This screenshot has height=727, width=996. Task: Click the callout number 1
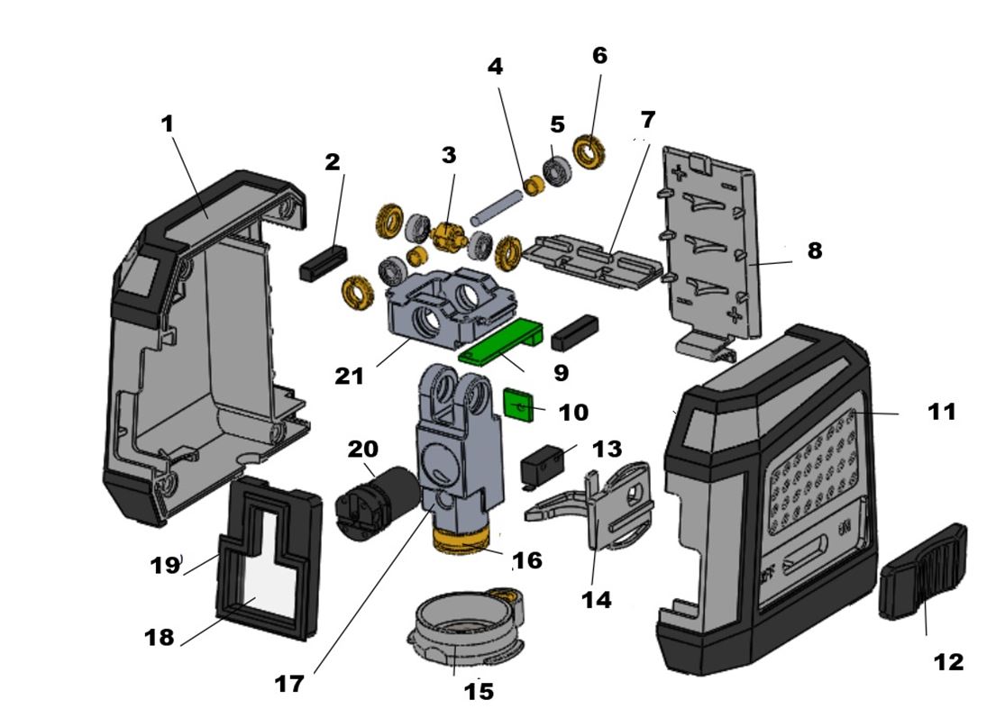tap(167, 124)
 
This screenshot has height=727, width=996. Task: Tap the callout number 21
tap(350, 376)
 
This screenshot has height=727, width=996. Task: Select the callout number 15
tap(479, 691)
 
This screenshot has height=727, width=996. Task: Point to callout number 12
tap(948, 662)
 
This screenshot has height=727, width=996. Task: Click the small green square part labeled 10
tap(517, 405)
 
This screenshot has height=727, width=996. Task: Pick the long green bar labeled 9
tap(500, 338)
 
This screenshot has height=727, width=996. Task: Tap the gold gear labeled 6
tap(591, 150)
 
